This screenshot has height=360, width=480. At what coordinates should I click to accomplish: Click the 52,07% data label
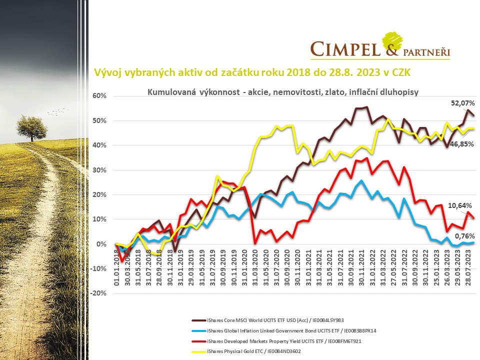[x=462, y=103]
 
